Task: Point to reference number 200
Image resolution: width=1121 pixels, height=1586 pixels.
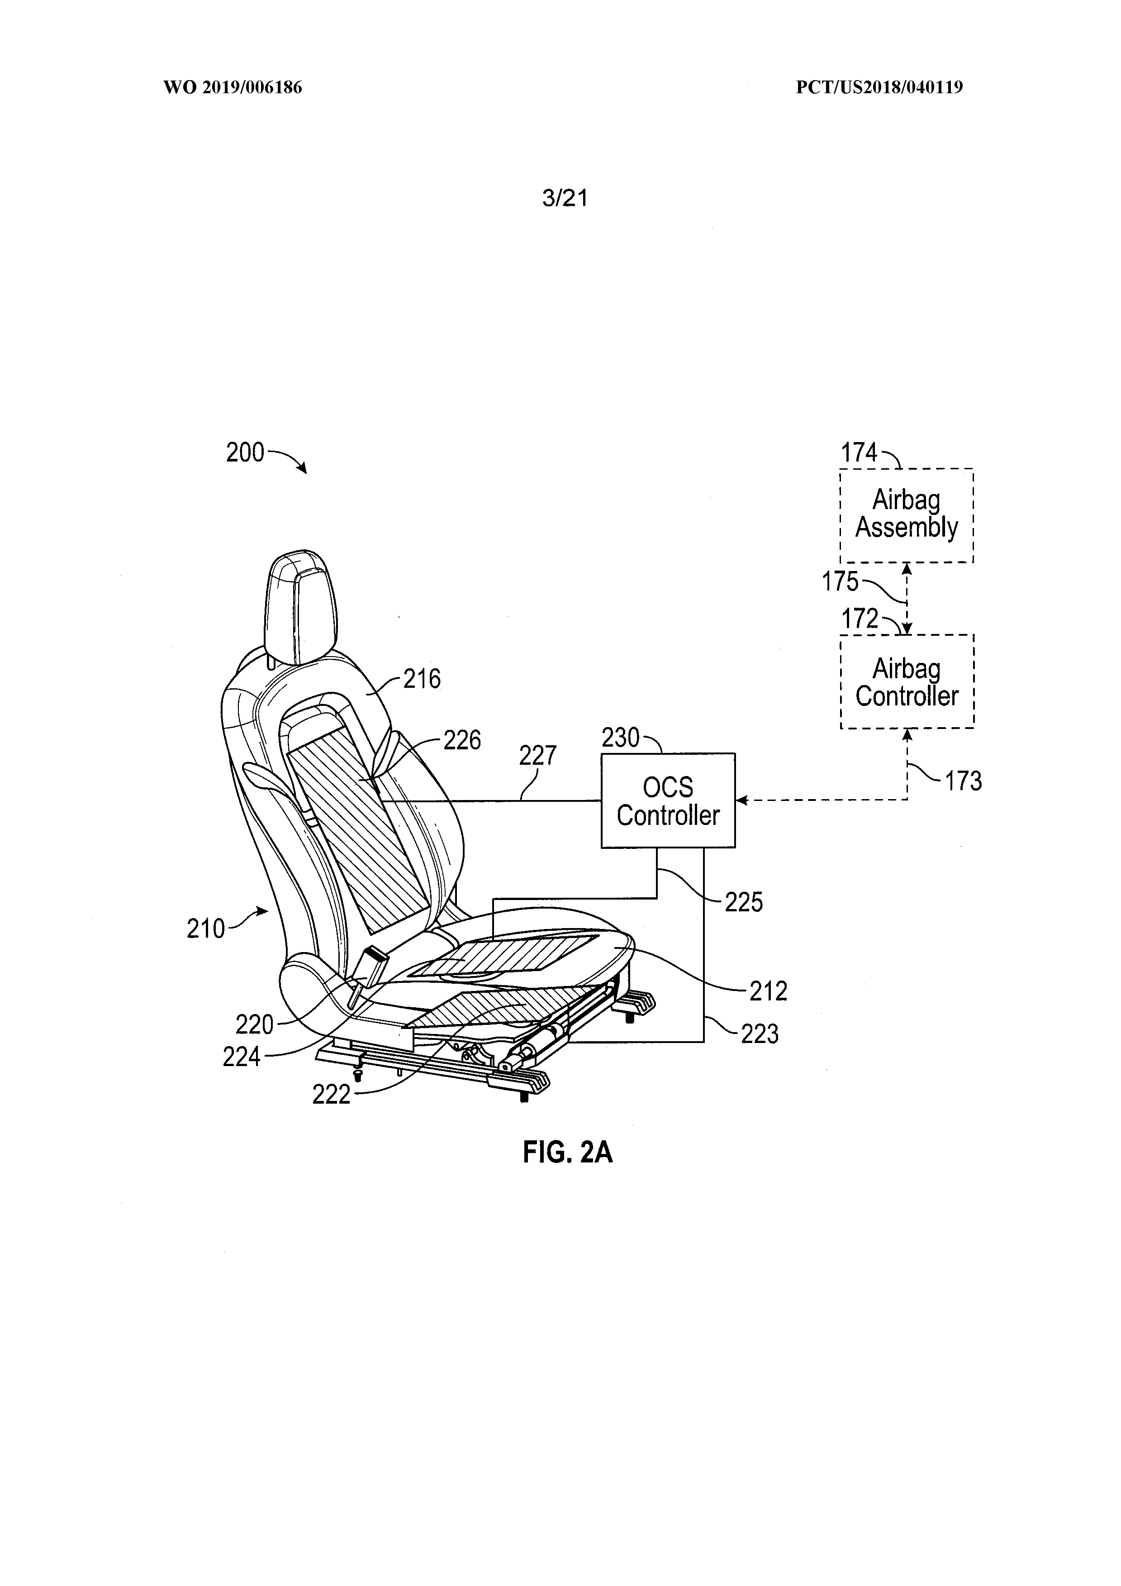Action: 245,452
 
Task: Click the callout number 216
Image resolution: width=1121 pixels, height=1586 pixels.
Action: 422,679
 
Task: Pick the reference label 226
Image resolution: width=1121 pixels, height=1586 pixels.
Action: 462,740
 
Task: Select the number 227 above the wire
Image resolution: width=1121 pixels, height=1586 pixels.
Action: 537,756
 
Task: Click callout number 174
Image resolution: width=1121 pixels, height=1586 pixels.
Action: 859,453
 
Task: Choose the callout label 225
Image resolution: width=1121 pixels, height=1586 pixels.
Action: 743,902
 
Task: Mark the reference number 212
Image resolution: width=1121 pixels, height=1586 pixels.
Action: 768,991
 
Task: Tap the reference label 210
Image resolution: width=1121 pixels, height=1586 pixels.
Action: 206,929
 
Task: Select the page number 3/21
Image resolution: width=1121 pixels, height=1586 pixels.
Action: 565,199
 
